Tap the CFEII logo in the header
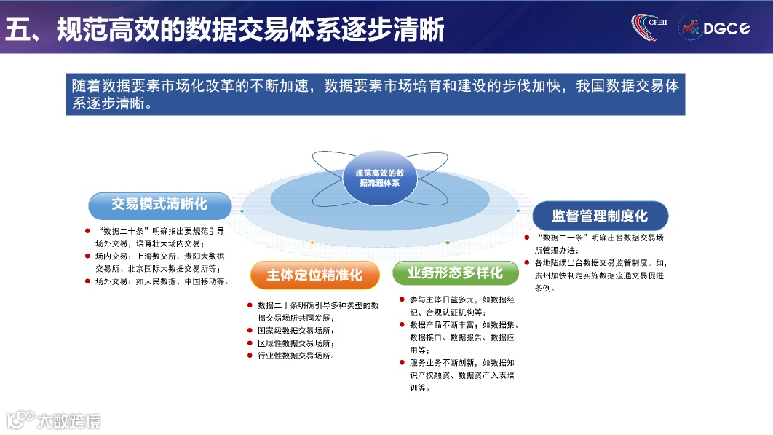click(x=649, y=27)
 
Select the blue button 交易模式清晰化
click(x=159, y=205)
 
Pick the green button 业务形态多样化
click(x=455, y=273)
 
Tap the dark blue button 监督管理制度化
click(x=599, y=216)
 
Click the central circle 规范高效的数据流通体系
click(x=379, y=179)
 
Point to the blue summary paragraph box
click(x=375, y=94)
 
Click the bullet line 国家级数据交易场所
click(x=290, y=330)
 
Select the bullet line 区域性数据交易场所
click(x=290, y=343)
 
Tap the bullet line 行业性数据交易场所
click(x=290, y=356)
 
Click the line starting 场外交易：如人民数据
click(x=162, y=281)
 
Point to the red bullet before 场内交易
click(x=87, y=256)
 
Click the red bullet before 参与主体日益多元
click(x=401, y=299)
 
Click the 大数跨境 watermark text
click(x=69, y=420)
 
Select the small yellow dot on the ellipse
click(x=312, y=242)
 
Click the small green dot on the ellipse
click(x=448, y=242)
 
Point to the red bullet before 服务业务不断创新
click(x=401, y=362)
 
